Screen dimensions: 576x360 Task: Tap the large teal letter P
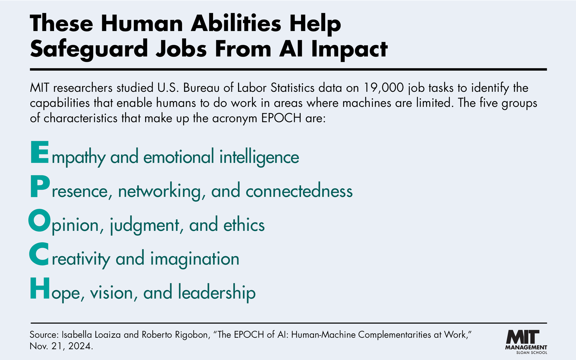tap(40, 186)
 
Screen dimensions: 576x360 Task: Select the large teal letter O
tap(39, 220)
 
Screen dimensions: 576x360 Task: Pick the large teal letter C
tap(39, 254)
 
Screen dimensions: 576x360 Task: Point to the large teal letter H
tap(40, 288)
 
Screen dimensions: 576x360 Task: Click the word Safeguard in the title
tap(89, 49)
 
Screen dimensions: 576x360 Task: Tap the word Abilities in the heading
tap(236, 23)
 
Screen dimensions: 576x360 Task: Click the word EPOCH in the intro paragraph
tap(281, 118)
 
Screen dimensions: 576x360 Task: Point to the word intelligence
tap(259, 157)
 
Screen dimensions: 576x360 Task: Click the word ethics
tap(244, 225)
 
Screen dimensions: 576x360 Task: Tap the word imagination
tap(195, 259)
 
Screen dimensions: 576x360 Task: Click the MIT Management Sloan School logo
tap(526, 342)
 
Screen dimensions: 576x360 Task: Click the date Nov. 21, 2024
tap(61, 346)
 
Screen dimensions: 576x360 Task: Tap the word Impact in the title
tap(349, 49)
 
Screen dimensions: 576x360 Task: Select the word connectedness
tap(299, 190)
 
